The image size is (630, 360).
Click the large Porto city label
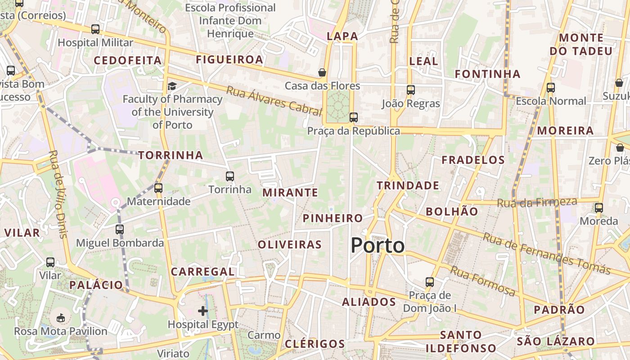pyautogui.click(x=378, y=246)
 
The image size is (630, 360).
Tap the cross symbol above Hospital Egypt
pyautogui.click(x=203, y=310)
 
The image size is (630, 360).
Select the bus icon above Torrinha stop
pyautogui.click(x=230, y=176)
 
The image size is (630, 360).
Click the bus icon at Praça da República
pyautogui.click(x=354, y=117)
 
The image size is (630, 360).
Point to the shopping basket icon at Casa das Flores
pyautogui.click(x=322, y=72)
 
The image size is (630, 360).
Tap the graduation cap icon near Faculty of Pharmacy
pyautogui.click(x=172, y=86)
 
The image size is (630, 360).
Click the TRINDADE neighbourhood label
pyautogui.click(x=408, y=185)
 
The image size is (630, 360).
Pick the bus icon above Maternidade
pyautogui.click(x=158, y=188)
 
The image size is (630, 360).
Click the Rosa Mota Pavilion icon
pyautogui.click(x=61, y=318)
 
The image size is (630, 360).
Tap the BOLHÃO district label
pyautogui.click(x=452, y=211)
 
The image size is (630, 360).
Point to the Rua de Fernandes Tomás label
pyautogui.click(x=547, y=254)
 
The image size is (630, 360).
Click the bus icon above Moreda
pyautogui.click(x=598, y=208)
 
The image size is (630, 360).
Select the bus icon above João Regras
pyautogui.click(x=410, y=90)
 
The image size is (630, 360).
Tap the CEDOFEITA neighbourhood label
pyautogui.click(x=127, y=60)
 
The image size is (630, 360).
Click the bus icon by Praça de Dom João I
pyautogui.click(x=430, y=282)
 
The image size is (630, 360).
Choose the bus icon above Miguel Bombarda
pyautogui.click(x=120, y=229)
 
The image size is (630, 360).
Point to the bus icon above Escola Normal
pyautogui.click(x=551, y=88)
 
